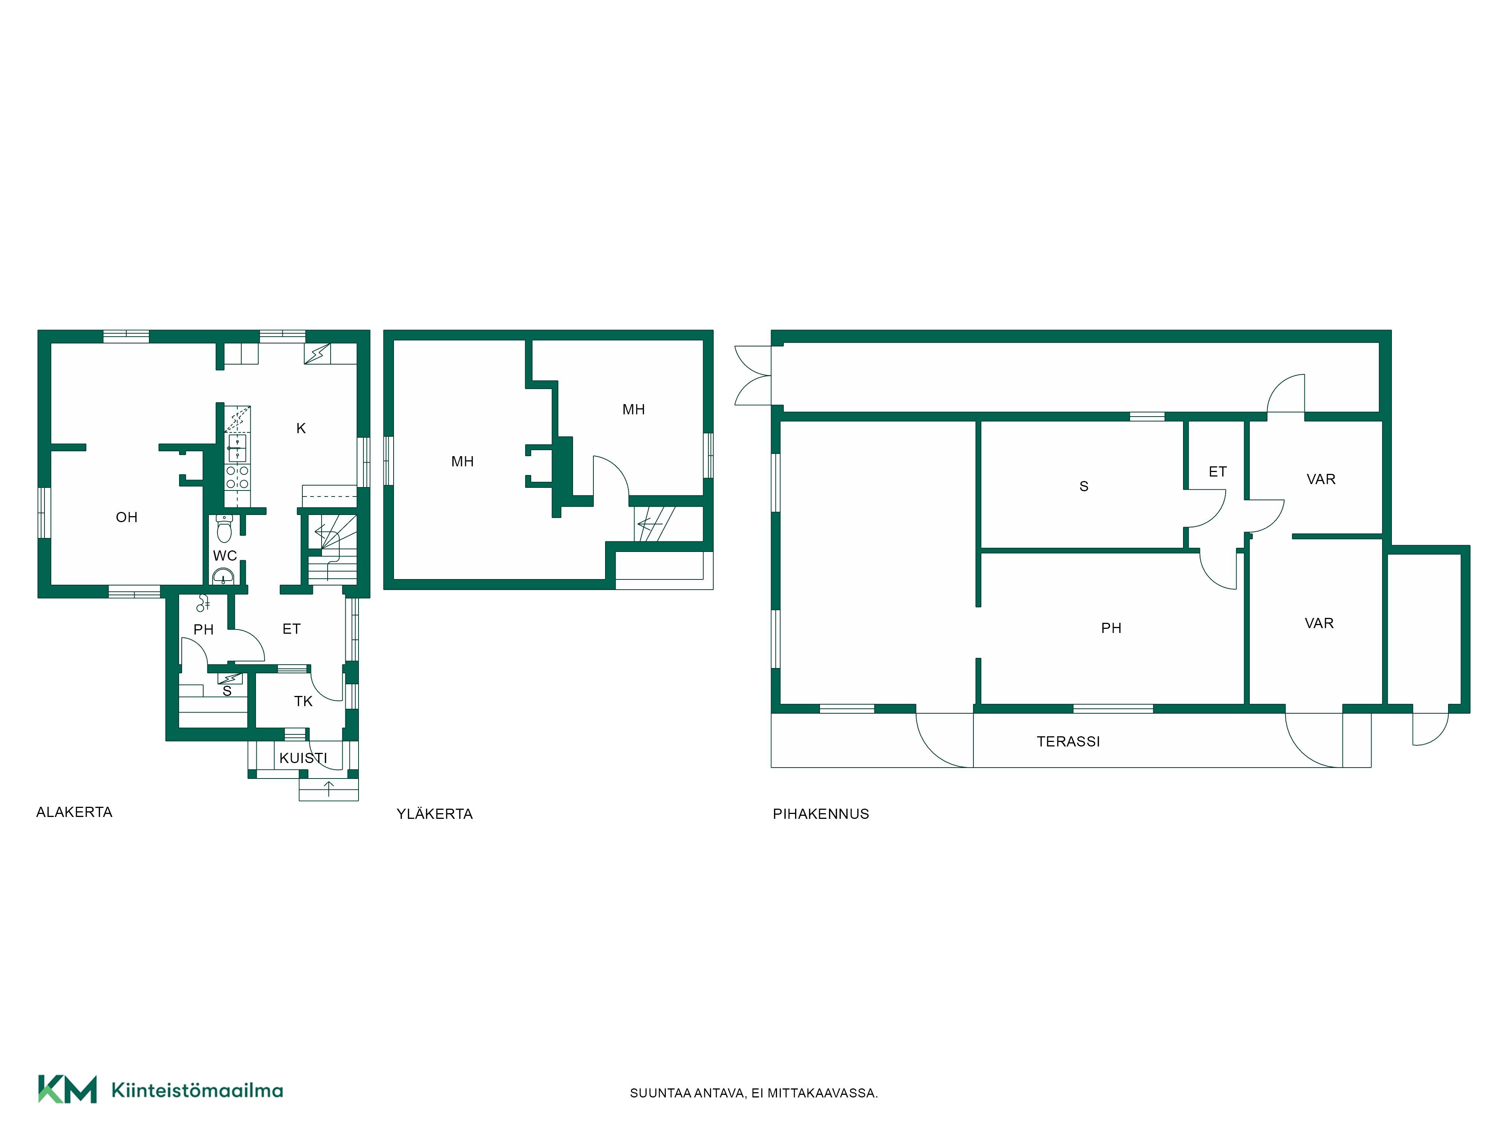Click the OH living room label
point(127,518)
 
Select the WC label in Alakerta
point(225,556)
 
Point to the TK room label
point(303,702)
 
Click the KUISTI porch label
point(303,758)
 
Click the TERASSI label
point(1068,742)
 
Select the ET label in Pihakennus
point(1218,472)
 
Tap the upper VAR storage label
point(1321,479)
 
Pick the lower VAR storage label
point(1319,623)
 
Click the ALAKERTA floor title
point(74,812)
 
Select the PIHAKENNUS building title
point(821,814)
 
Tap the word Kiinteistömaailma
point(197,1090)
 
